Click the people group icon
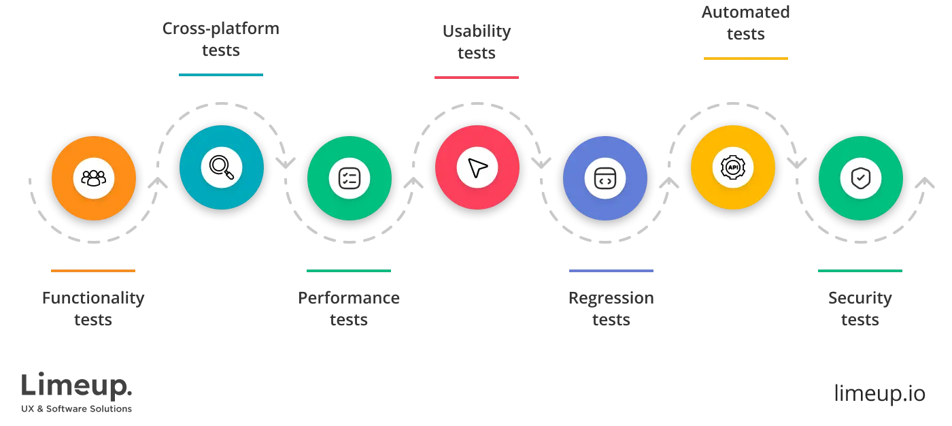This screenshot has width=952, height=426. (x=94, y=178)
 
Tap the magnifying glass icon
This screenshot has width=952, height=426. (x=222, y=167)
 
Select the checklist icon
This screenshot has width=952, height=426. (x=349, y=178)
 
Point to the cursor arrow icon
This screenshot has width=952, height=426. (x=477, y=167)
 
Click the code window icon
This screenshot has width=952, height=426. (x=605, y=178)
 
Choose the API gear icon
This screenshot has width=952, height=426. (x=733, y=167)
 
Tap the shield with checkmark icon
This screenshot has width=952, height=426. (x=860, y=178)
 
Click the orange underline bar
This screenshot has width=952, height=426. (x=92, y=269)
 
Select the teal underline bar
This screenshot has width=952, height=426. (x=220, y=73)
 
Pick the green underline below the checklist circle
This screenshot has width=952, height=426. (x=348, y=269)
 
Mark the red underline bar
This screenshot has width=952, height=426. (x=476, y=79)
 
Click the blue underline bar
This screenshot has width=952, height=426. (x=612, y=269)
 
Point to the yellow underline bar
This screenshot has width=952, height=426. (x=745, y=57)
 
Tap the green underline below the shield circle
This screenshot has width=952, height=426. (x=860, y=269)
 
